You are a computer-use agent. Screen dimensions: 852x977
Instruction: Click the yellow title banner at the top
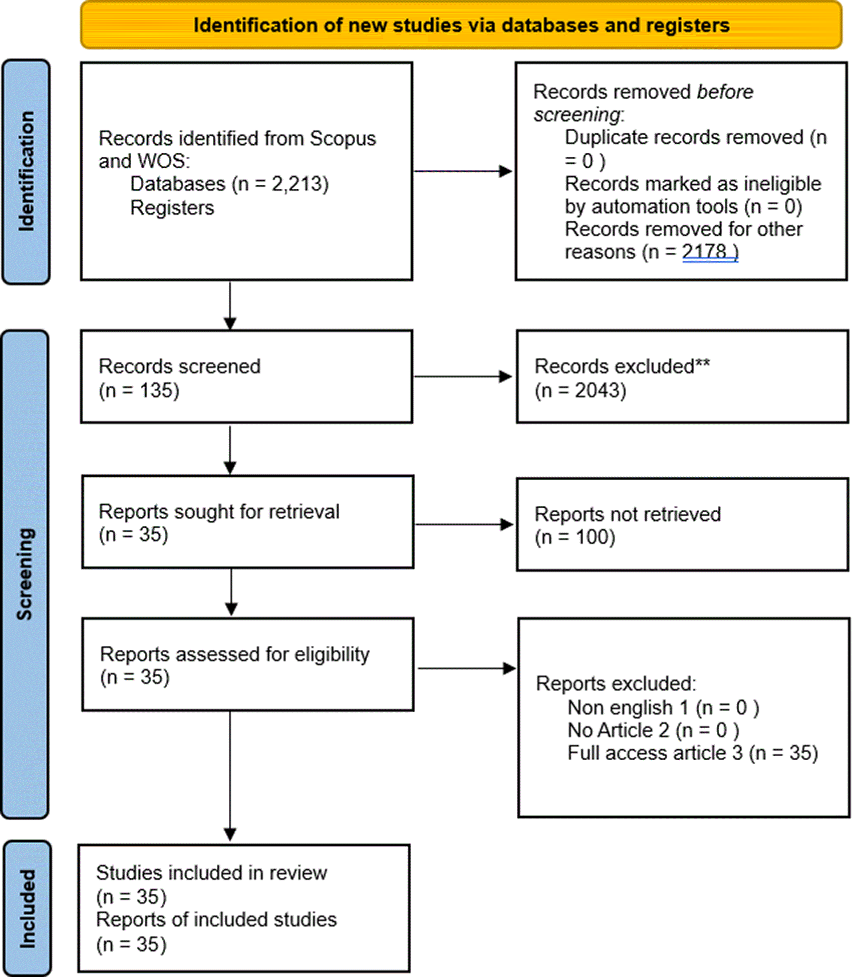point(461,25)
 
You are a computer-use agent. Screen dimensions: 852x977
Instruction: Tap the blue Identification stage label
point(26,172)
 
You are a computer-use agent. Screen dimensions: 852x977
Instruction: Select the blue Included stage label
point(28,908)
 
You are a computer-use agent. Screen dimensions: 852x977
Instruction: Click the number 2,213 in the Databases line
point(299,184)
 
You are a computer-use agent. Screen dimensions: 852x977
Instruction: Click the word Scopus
point(343,139)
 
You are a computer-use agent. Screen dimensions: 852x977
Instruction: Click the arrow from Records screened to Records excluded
point(463,377)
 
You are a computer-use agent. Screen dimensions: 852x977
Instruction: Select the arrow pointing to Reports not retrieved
point(465,524)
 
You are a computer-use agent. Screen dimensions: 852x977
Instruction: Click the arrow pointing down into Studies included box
point(230,776)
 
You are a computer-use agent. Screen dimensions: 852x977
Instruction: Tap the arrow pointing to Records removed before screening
point(463,171)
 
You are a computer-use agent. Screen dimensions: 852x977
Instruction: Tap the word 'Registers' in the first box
point(172,208)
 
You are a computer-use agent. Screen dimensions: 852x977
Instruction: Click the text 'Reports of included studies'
point(216,919)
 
